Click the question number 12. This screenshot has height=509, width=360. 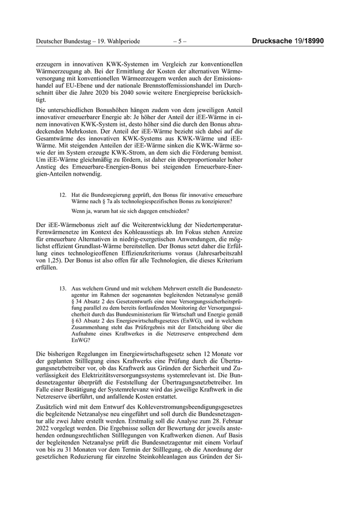point(63,195)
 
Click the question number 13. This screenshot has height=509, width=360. point(63,289)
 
